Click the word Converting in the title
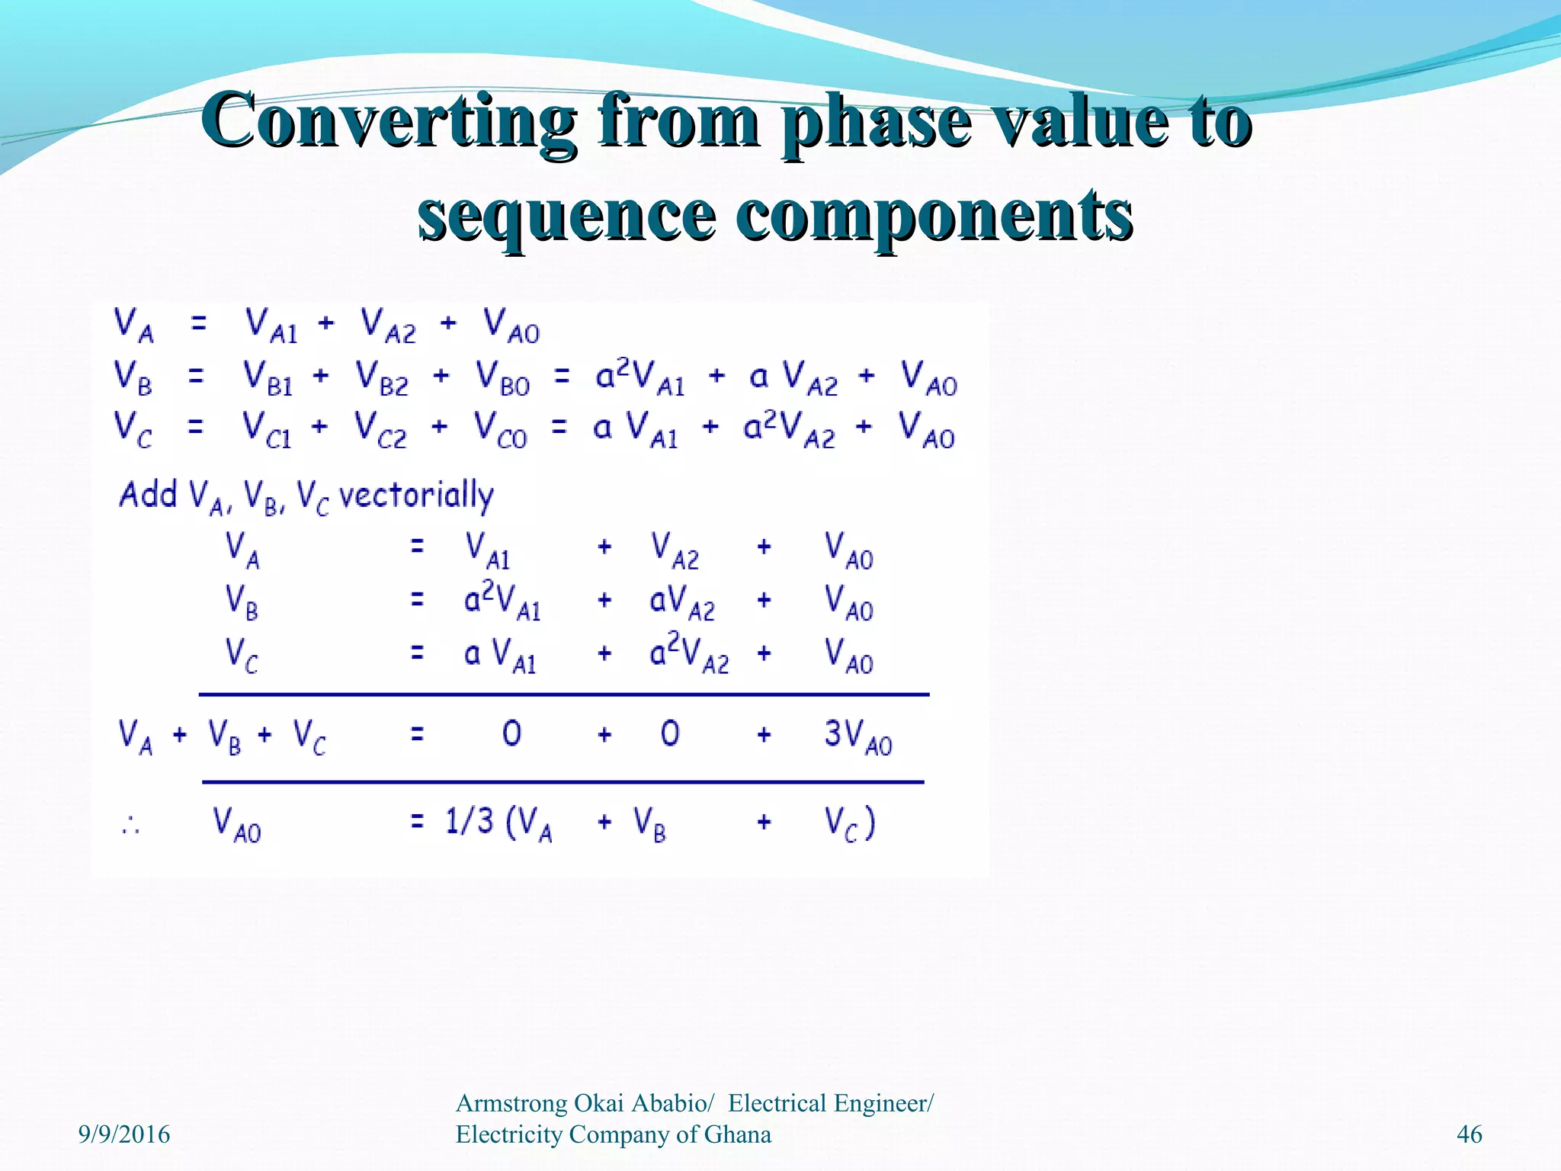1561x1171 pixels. coord(388,122)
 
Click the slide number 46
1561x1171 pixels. coord(1469,1134)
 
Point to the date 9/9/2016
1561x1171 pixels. coord(124,1134)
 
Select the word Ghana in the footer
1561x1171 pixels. coord(737,1134)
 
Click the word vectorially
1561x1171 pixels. coord(416,496)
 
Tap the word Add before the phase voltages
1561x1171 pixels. coord(148,495)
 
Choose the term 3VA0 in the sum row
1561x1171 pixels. coord(857,736)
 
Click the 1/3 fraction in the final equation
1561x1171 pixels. coord(469,822)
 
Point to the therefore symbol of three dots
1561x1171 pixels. coord(130,825)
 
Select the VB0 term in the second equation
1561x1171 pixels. coord(502,378)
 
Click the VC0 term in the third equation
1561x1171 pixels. coord(500,430)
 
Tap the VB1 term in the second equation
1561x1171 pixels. coord(268,378)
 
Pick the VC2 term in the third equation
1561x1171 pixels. coord(381,430)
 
